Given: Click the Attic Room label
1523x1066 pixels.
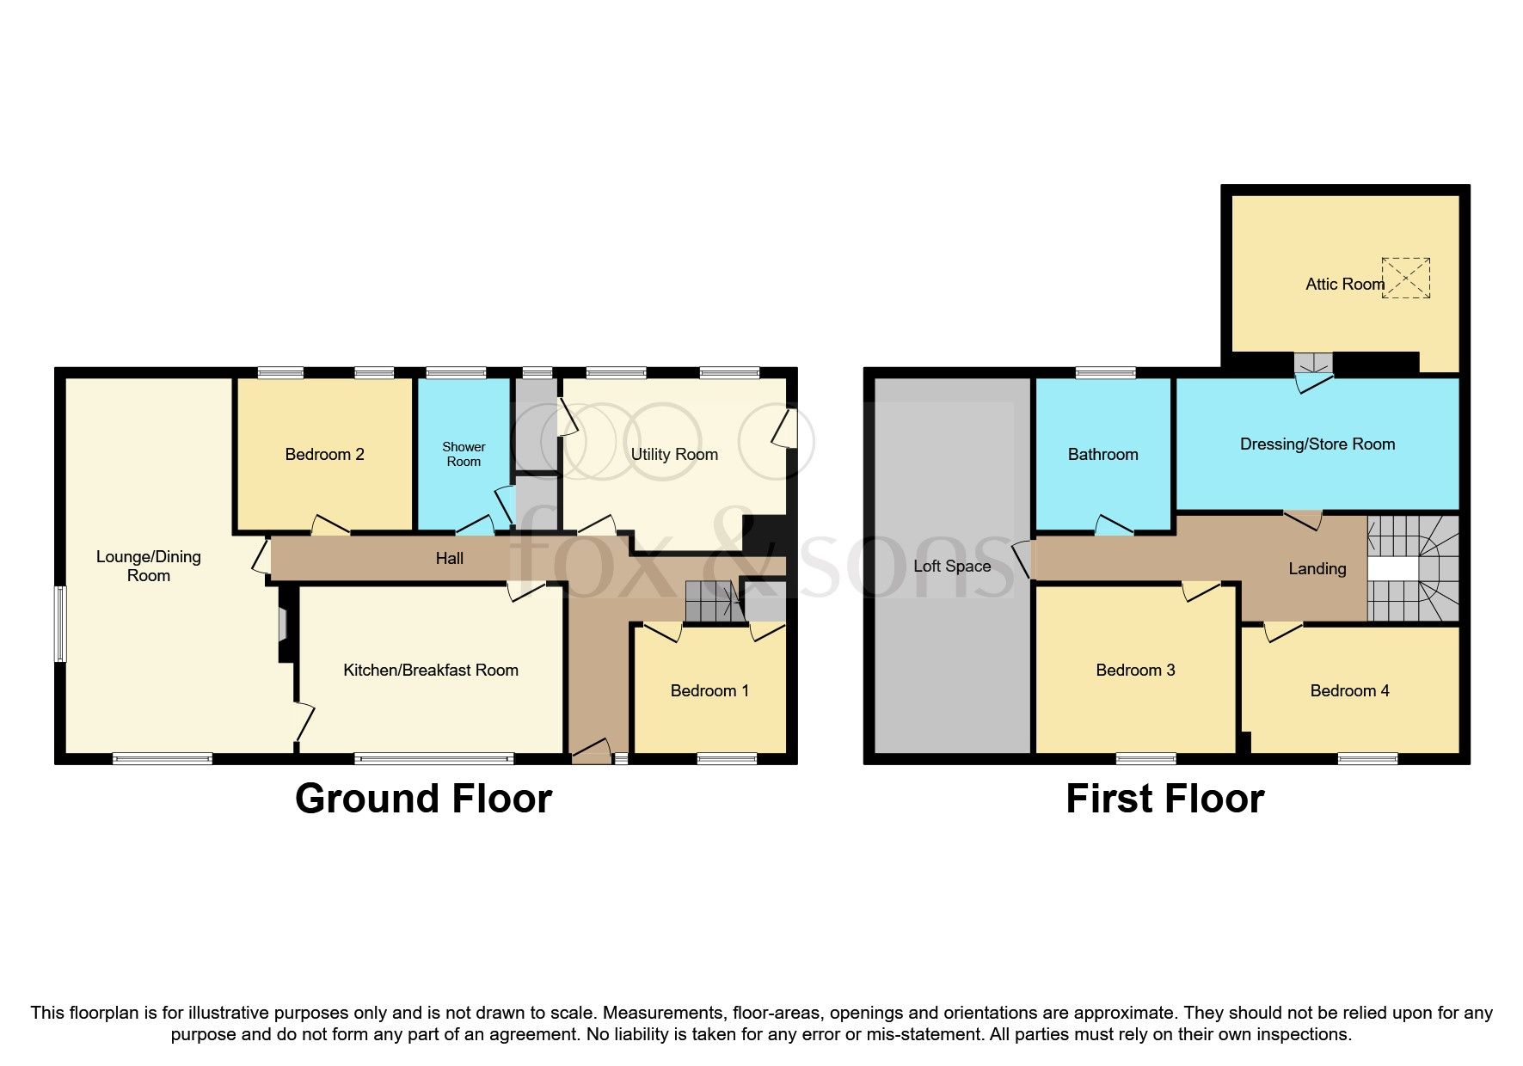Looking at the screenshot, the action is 1345,284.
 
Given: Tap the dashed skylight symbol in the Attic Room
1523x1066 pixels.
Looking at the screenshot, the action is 1406,278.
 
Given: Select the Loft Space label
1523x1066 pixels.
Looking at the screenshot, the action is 952,566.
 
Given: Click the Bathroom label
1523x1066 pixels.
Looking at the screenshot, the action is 1102,454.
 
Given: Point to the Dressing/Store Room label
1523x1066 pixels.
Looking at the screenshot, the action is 1317,444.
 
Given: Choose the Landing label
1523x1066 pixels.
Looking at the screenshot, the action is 1317,568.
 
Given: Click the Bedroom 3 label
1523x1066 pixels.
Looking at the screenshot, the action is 1135,670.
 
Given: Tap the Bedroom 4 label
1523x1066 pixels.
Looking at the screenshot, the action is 1349,690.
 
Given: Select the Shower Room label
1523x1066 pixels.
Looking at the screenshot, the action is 464,454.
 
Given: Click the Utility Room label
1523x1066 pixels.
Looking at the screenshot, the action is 674,454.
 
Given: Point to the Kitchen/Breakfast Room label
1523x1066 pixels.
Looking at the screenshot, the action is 431,670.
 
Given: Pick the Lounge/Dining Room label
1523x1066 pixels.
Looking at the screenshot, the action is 149,566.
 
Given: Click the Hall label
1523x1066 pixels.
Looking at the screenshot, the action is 449,559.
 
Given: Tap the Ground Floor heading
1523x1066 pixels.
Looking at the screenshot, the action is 423,799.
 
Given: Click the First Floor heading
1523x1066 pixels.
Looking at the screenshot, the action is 1165,799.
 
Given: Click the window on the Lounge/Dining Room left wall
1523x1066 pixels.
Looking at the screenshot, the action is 60,624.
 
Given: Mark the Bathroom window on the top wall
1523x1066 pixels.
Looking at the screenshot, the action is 1105,373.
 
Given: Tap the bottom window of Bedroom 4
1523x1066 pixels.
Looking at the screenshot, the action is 1367,758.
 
